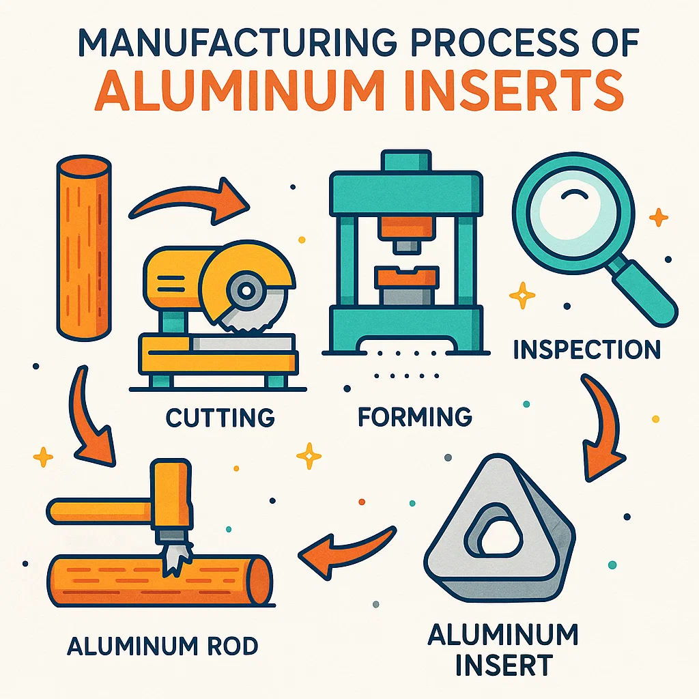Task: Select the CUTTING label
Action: [220, 416]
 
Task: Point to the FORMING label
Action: [415, 416]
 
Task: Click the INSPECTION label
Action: [586, 349]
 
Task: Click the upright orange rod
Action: [83, 248]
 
